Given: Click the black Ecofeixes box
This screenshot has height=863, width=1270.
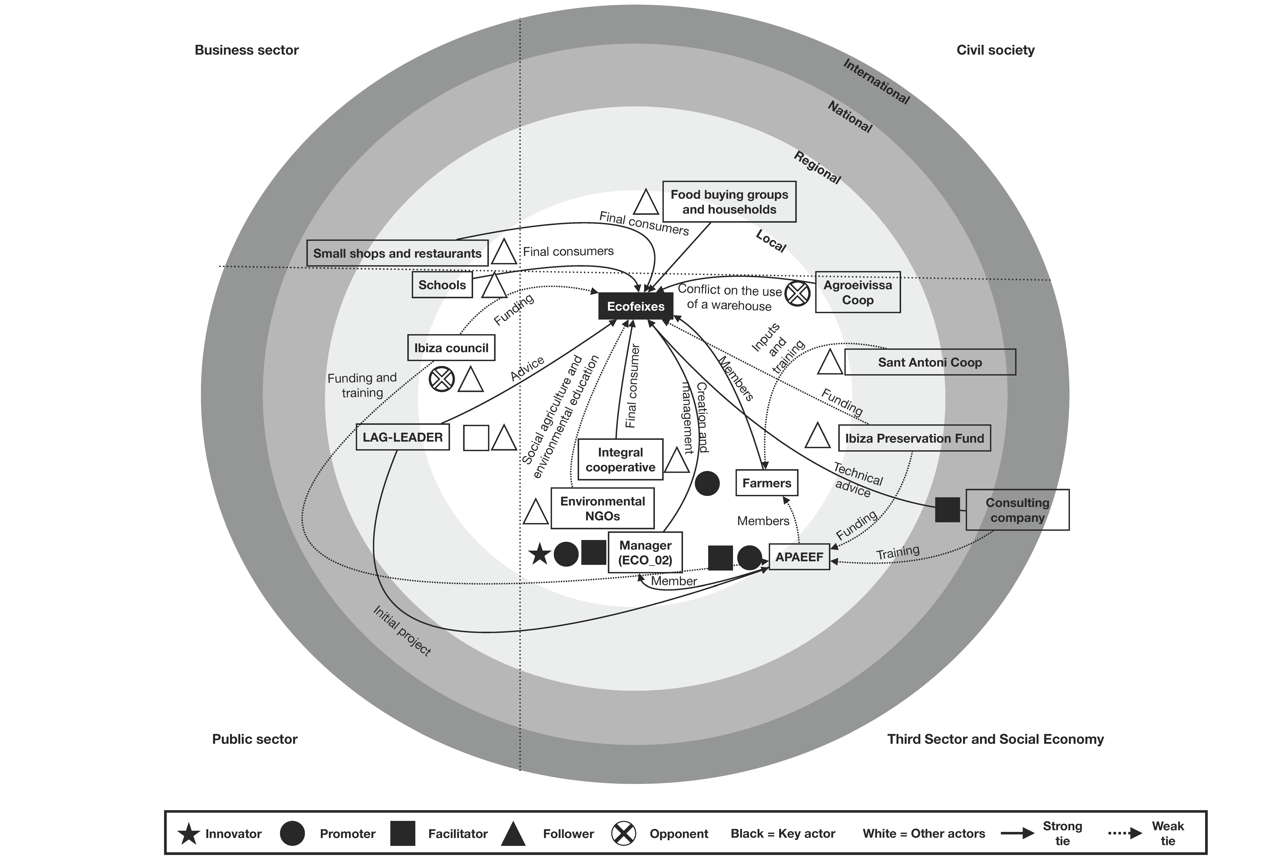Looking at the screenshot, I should point(636,306).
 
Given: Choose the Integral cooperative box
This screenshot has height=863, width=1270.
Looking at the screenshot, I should point(620,460).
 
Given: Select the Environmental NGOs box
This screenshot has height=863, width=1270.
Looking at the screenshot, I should point(602,508).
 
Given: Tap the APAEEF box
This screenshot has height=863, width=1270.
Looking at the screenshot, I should point(799,557).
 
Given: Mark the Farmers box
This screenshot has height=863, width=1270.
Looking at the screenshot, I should point(767,483).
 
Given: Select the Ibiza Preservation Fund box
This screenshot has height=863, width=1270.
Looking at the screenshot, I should point(914,438).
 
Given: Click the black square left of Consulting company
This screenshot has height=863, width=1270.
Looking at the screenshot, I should point(947,509).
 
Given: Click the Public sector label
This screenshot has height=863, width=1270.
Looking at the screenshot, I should point(255,739).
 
